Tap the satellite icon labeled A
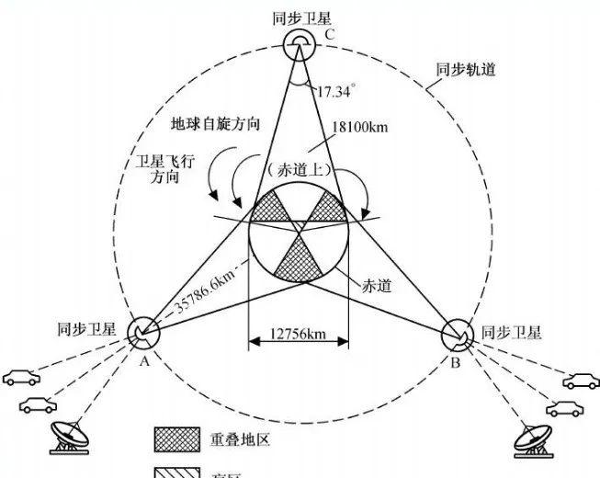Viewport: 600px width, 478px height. coord(142,332)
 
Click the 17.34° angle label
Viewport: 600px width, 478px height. coord(336,92)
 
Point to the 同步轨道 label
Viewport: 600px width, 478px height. coord(465,68)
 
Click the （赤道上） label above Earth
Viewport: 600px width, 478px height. coord(298,169)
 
